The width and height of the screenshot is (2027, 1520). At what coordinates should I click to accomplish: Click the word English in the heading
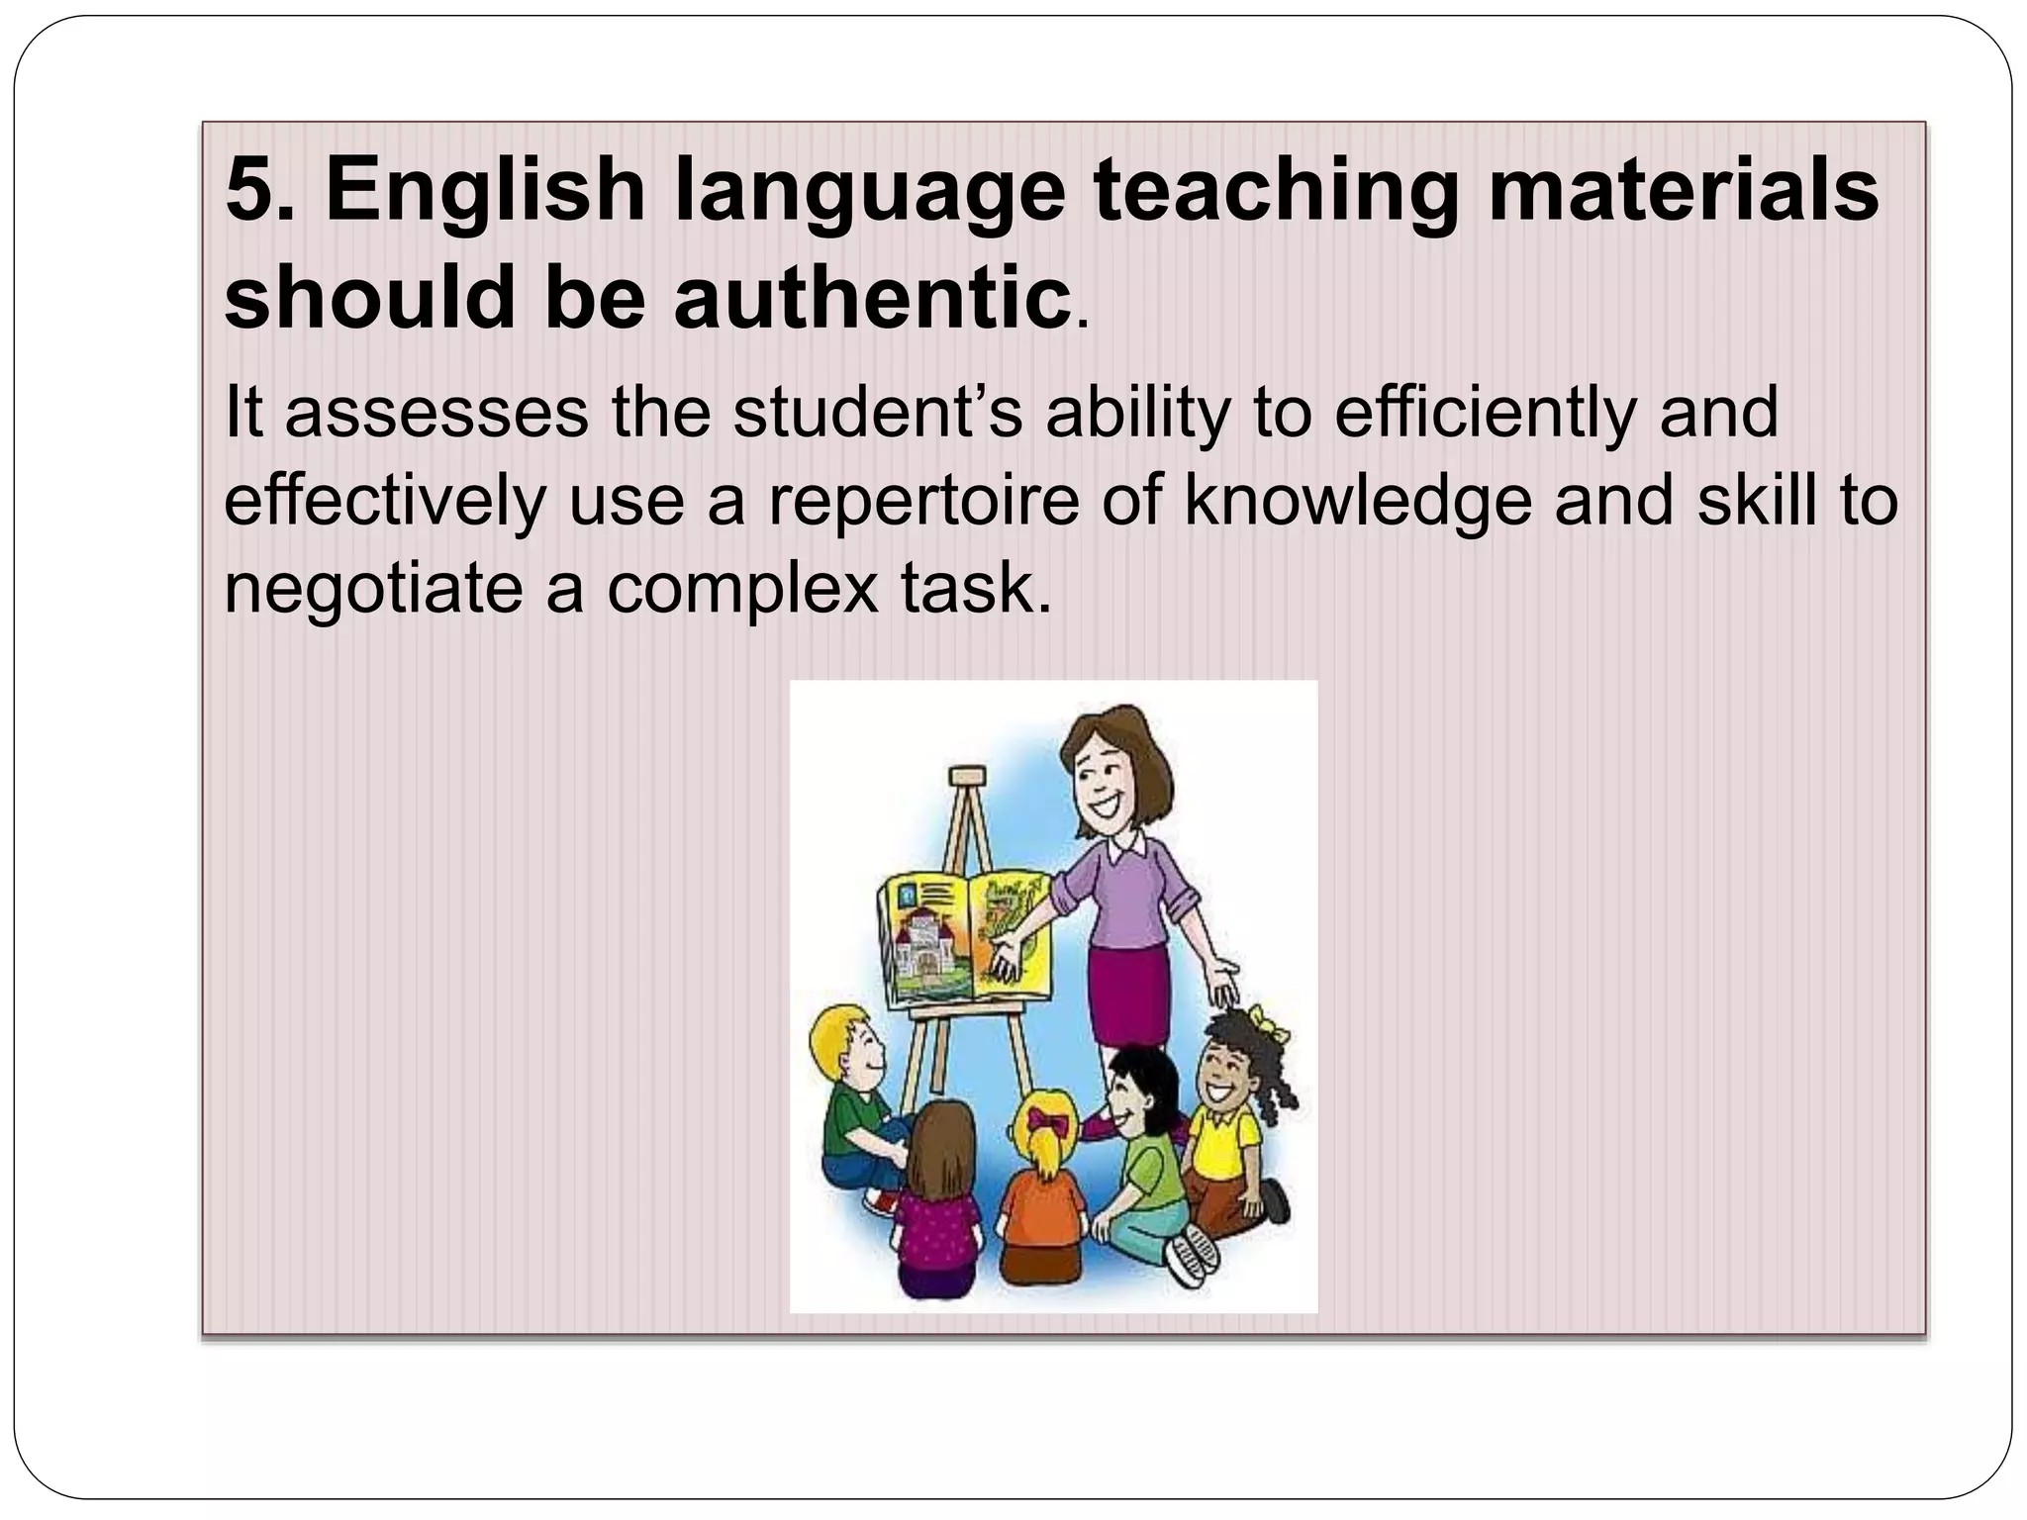pos(485,190)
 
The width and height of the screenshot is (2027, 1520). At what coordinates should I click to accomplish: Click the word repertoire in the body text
pos(922,501)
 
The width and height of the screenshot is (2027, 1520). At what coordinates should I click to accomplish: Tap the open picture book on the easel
pos(965,936)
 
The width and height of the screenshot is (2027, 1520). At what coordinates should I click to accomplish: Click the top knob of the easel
pos(967,774)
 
